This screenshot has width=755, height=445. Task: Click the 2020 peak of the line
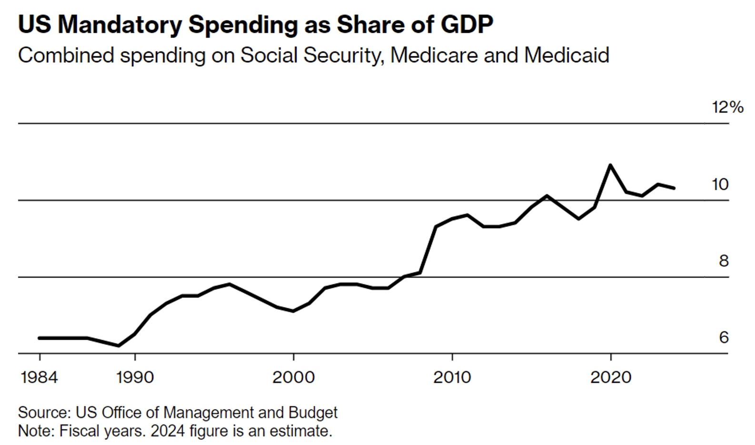pyautogui.click(x=610, y=165)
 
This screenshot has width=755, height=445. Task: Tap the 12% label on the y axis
pyautogui.click(x=727, y=107)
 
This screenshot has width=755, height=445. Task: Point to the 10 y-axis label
pyautogui.click(x=720, y=184)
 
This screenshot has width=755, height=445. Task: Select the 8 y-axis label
pyautogui.click(x=724, y=261)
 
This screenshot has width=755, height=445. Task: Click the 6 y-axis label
pyautogui.click(x=724, y=337)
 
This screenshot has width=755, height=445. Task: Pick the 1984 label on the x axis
pyautogui.click(x=39, y=377)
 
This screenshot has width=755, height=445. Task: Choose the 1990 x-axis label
pyautogui.click(x=135, y=377)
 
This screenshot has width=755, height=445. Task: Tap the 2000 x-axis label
pyautogui.click(x=293, y=377)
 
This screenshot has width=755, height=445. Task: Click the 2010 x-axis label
pyautogui.click(x=452, y=377)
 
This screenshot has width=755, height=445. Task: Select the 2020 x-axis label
pyautogui.click(x=610, y=377)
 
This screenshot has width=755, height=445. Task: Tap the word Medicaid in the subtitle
pyautogui.click(x=566, y=55)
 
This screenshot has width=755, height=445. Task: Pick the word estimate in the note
pyautogui.click(x=300, y=431)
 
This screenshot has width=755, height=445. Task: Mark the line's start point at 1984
pyautogui.click(x=40, y=338)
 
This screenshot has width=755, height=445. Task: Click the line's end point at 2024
pyautogui.click(x=674, y=188)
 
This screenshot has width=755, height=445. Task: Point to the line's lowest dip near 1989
pyautogui.click(x=119, y=345)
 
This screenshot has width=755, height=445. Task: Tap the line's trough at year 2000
pyautogui.click(x=293, y=311)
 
